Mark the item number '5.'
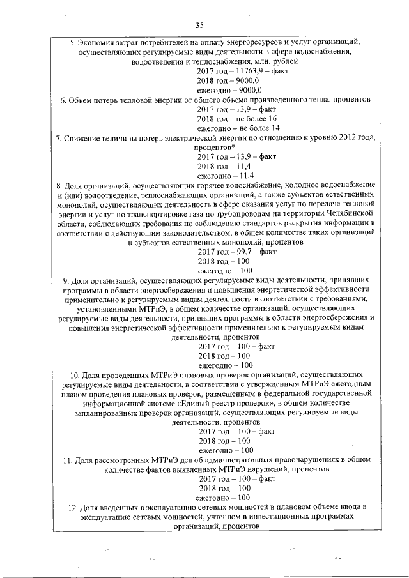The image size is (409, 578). point(72,42)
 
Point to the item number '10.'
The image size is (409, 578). point(74,374)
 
